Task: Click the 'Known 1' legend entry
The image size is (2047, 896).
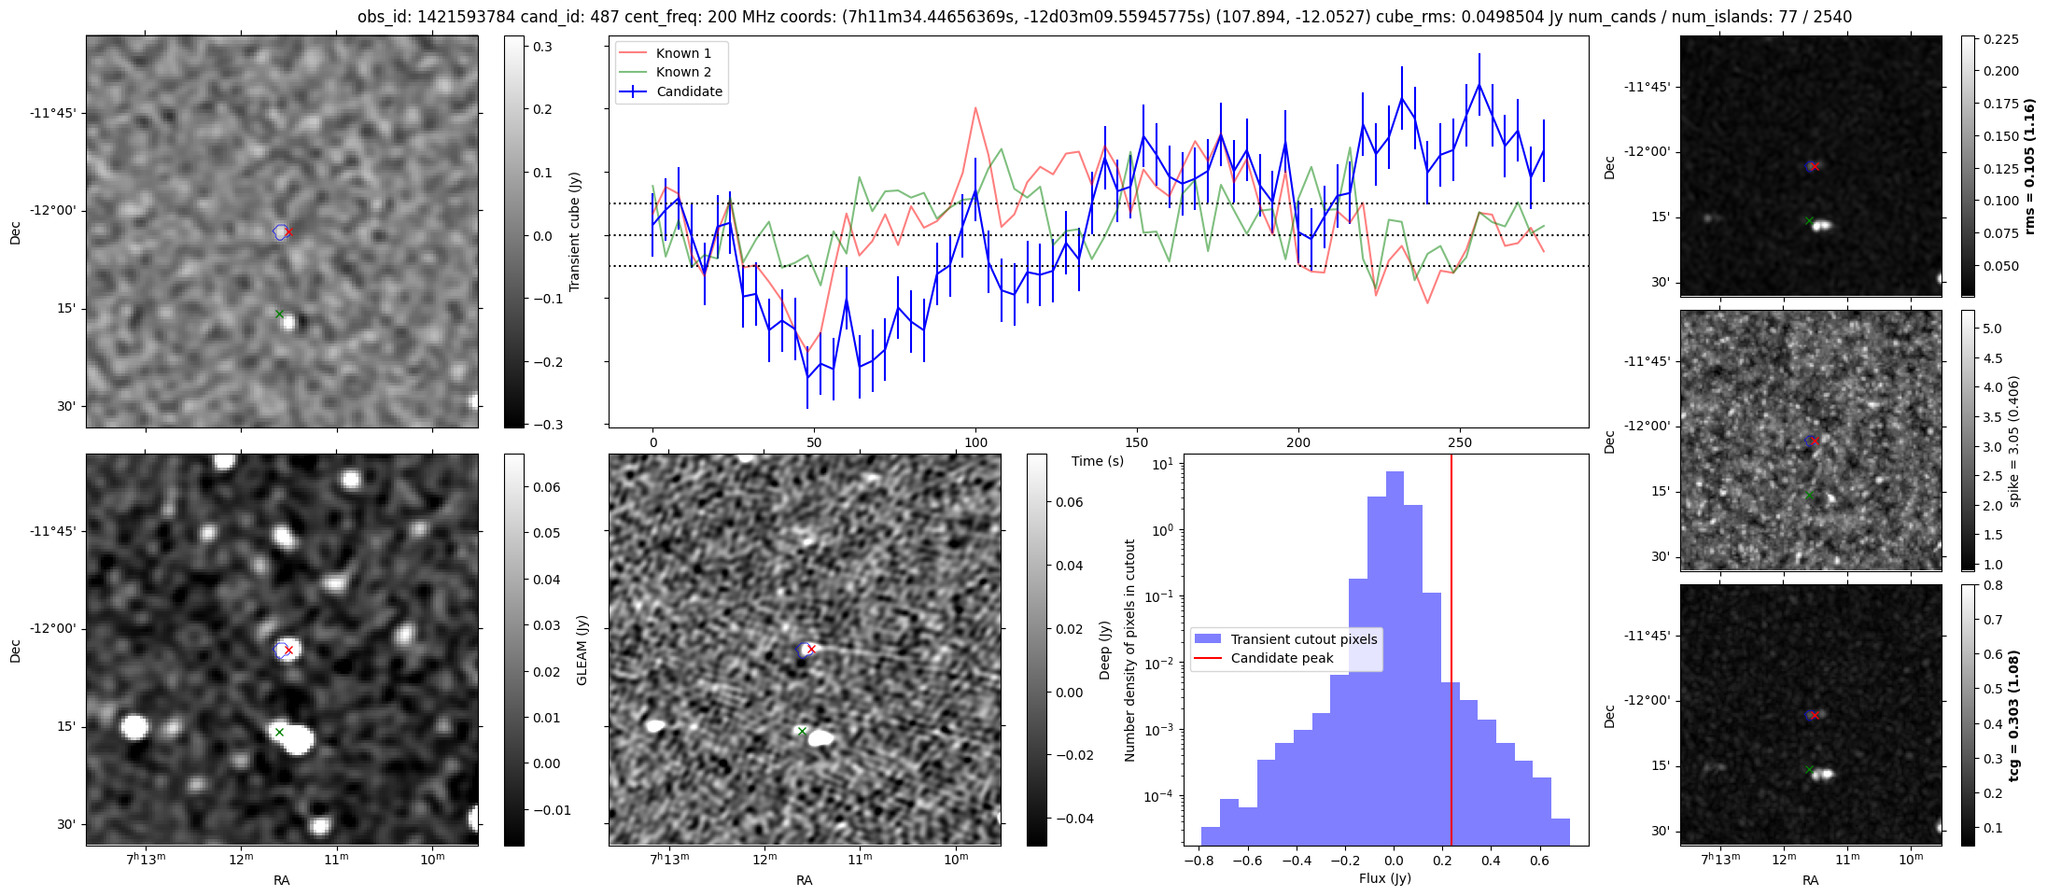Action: (x=683, y=53)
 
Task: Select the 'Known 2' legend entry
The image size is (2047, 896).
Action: (x=683, y=72)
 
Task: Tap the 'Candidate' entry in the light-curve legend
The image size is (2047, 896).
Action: (x=689, y=91)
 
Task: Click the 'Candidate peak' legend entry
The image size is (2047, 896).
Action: (x=1282, y=658)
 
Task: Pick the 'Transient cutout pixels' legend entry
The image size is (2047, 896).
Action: (x=1303, y=639)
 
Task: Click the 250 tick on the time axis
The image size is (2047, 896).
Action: (x=1460, y=442)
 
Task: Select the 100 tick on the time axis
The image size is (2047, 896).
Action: (x=975, y=442)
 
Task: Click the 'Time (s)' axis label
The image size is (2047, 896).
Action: (x=1098, y=461)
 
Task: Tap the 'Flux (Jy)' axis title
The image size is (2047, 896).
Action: (x=1385, y=878)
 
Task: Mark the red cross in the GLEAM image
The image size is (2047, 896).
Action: (x=288, y=650)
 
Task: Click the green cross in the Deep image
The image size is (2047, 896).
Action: (x=802, y=731)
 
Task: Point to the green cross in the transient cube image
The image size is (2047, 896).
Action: (x=279, y=314)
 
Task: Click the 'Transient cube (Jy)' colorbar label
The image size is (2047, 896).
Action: (x=575, y=231)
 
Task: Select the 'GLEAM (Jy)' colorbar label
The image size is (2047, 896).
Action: (x=582, y=650)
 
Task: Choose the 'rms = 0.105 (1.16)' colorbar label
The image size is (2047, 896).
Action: (x=2028, y=166)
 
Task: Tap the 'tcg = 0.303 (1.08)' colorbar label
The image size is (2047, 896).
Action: (x=2014, y=715)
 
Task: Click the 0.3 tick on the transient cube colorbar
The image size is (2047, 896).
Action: (x=542, y=47)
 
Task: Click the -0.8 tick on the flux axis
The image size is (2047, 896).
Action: (x=1199, y=861)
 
